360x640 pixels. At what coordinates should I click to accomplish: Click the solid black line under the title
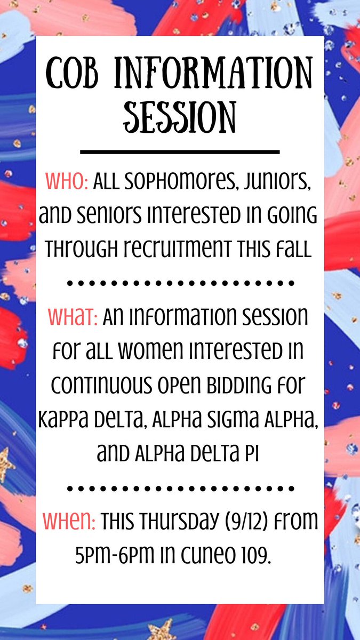coord(180,152)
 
